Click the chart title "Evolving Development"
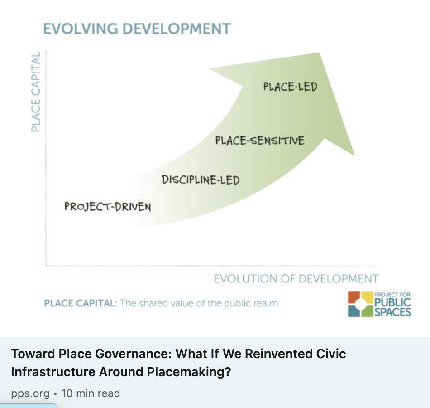pos(137,29)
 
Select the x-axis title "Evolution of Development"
pos(296,278)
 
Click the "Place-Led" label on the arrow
pos(290,86)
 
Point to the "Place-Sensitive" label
pos(260,141)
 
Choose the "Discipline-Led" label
pos(201,180)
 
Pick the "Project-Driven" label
pos(107,207)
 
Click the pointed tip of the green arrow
pos(320,54)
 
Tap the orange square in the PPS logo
pos(354,299)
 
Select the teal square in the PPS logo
pos(354,311)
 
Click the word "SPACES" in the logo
pos(393,312)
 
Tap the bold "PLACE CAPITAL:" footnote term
pos(80,303)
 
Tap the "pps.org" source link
pos(30,393)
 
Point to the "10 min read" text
pos(91,393)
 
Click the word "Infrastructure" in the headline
pos(53,372)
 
